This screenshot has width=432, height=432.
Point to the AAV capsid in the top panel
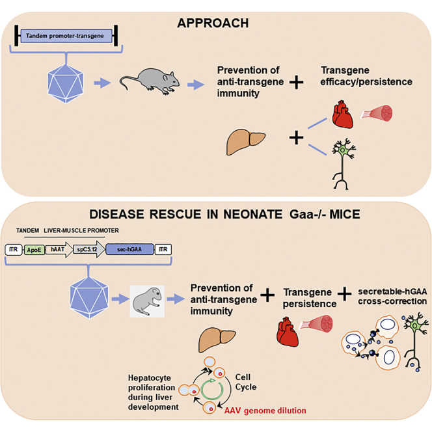pos(67,83)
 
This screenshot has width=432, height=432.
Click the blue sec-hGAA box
pos(129,249)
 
